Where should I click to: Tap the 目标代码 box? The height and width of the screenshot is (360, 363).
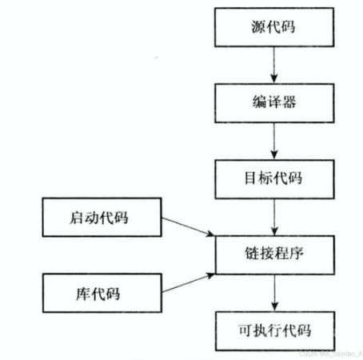tap(273, 177)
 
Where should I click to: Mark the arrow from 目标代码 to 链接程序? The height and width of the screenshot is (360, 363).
tap(274, 216)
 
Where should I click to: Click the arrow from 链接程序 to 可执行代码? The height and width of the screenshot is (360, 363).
tap(274, 293)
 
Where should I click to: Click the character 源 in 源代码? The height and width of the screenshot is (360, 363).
tap(254, 29)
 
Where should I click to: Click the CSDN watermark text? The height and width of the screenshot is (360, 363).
tap(328, 353)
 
